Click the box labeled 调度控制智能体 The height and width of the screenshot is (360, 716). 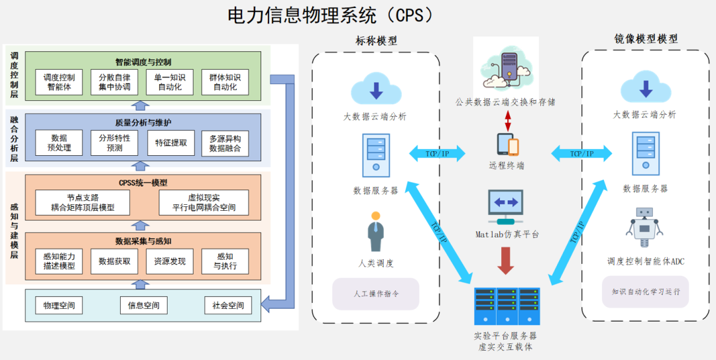[x=58, y=83]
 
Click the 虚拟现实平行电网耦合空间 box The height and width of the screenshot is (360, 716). [x=204, y=202]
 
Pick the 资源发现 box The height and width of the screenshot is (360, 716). [x=170, y=261]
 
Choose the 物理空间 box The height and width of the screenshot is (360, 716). [x=58, y=306]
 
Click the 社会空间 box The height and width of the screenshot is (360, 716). [x=227, y=306]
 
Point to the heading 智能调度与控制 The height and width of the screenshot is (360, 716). [x=143, y=62]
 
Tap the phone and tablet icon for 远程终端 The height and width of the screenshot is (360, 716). [x=507, y=145]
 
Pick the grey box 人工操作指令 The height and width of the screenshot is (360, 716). [x=376, y=293]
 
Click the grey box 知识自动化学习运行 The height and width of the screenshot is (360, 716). [x=645, y=291]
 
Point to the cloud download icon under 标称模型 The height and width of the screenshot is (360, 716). [x=376, y=90]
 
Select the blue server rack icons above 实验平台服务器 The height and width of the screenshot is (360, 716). [x=507, y=306]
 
